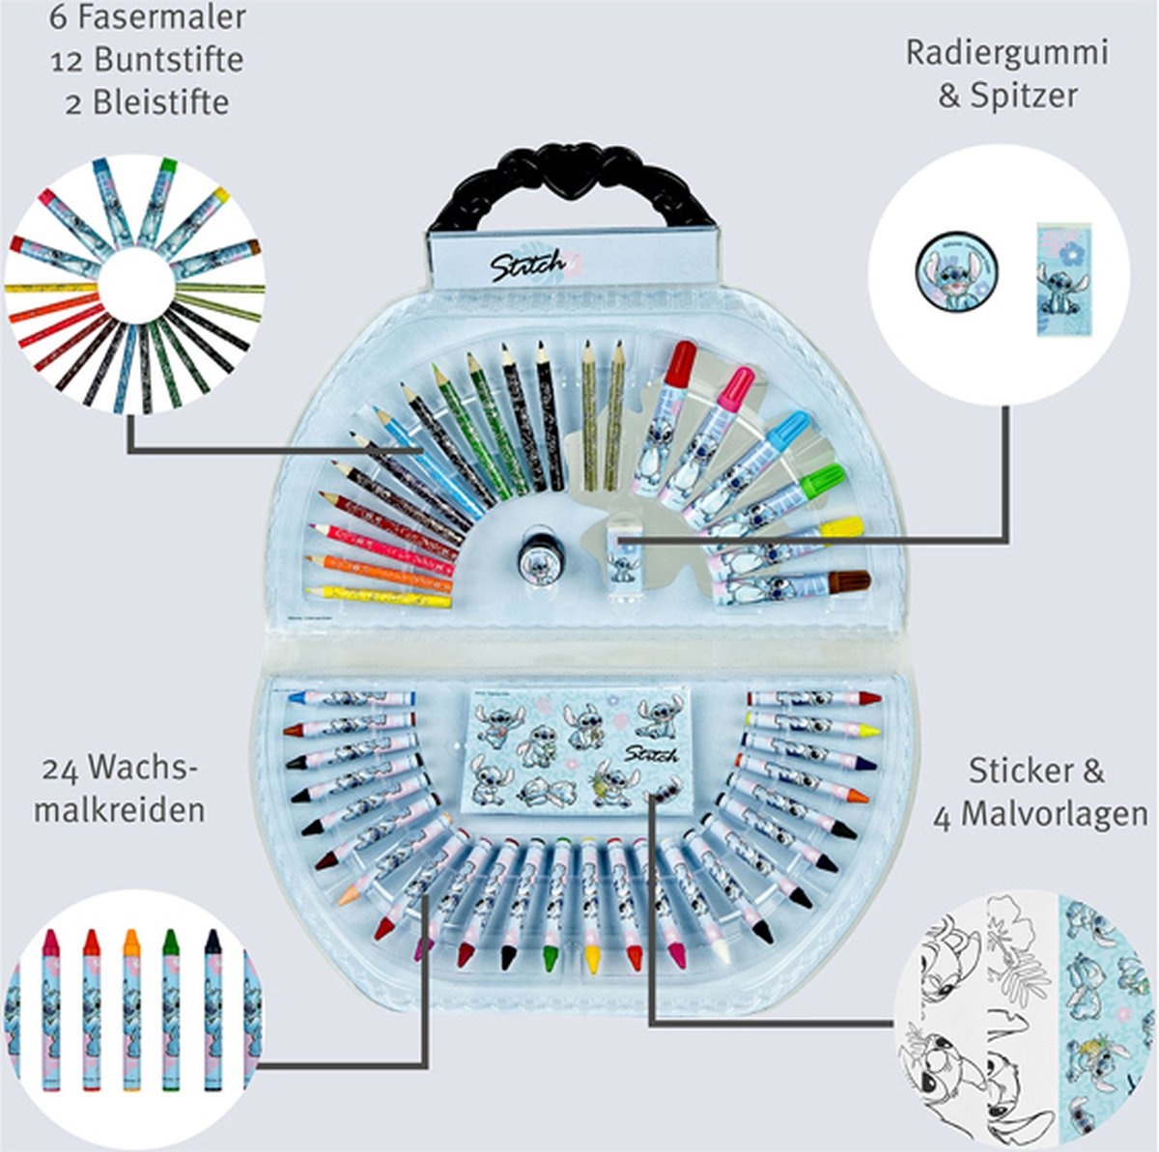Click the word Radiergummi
pyautogui.click(x=1005, y=53)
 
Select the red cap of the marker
pyautogui.click(x=681, y=362)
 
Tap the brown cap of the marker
pyautogui.click(x=851, y=582)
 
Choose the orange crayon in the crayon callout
pyautogui.click(x=131, y=1008)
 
